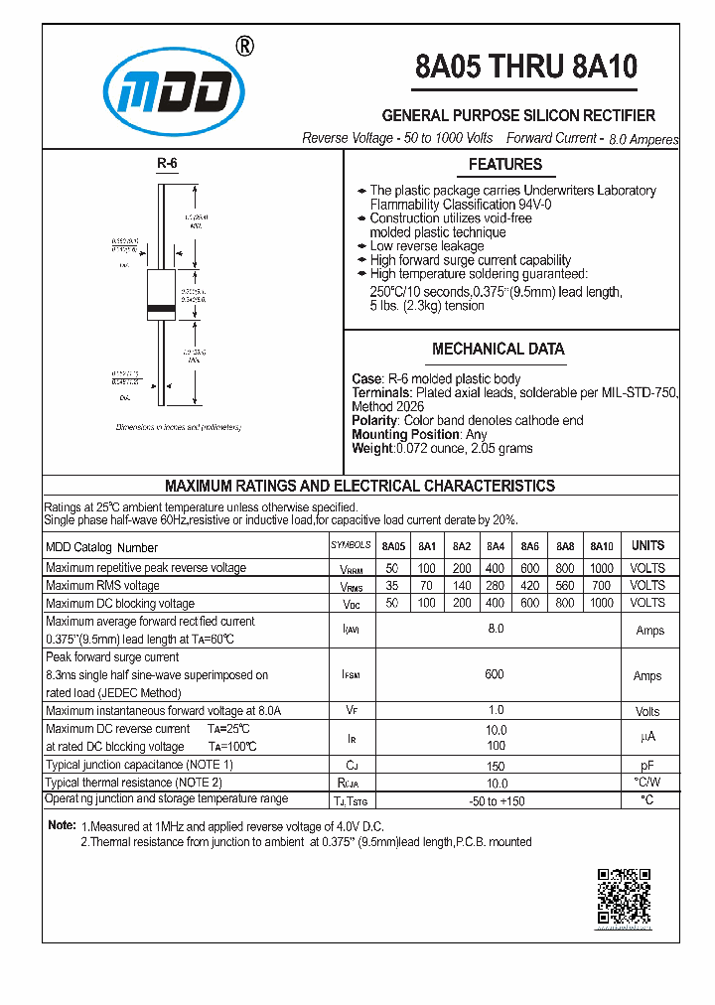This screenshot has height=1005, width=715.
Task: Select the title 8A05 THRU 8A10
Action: [x=525, y=67]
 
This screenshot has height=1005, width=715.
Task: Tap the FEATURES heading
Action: [x=504, y=165]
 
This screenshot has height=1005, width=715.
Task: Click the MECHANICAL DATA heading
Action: [x=498, y=349]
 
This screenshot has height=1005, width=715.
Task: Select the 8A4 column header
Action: [x=496, y=546]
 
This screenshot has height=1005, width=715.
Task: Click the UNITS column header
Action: [x=647, y=545]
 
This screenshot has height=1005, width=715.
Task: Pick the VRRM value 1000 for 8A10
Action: [x=601, y=568]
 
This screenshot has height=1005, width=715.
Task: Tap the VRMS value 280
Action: [x=496, y=586]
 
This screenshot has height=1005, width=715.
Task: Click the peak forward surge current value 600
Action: [x=495, y=674]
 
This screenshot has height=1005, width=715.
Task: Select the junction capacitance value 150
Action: [x=496, y=766]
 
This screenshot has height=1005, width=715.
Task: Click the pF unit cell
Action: [x=647, y=766]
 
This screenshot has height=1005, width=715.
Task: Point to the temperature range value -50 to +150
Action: [x=496, y=800]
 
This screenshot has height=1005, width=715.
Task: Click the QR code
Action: [x=624, y=897]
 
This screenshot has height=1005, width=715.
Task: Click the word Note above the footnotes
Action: [x=62, y=826]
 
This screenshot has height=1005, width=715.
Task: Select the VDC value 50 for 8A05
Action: [x=393, y=603]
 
